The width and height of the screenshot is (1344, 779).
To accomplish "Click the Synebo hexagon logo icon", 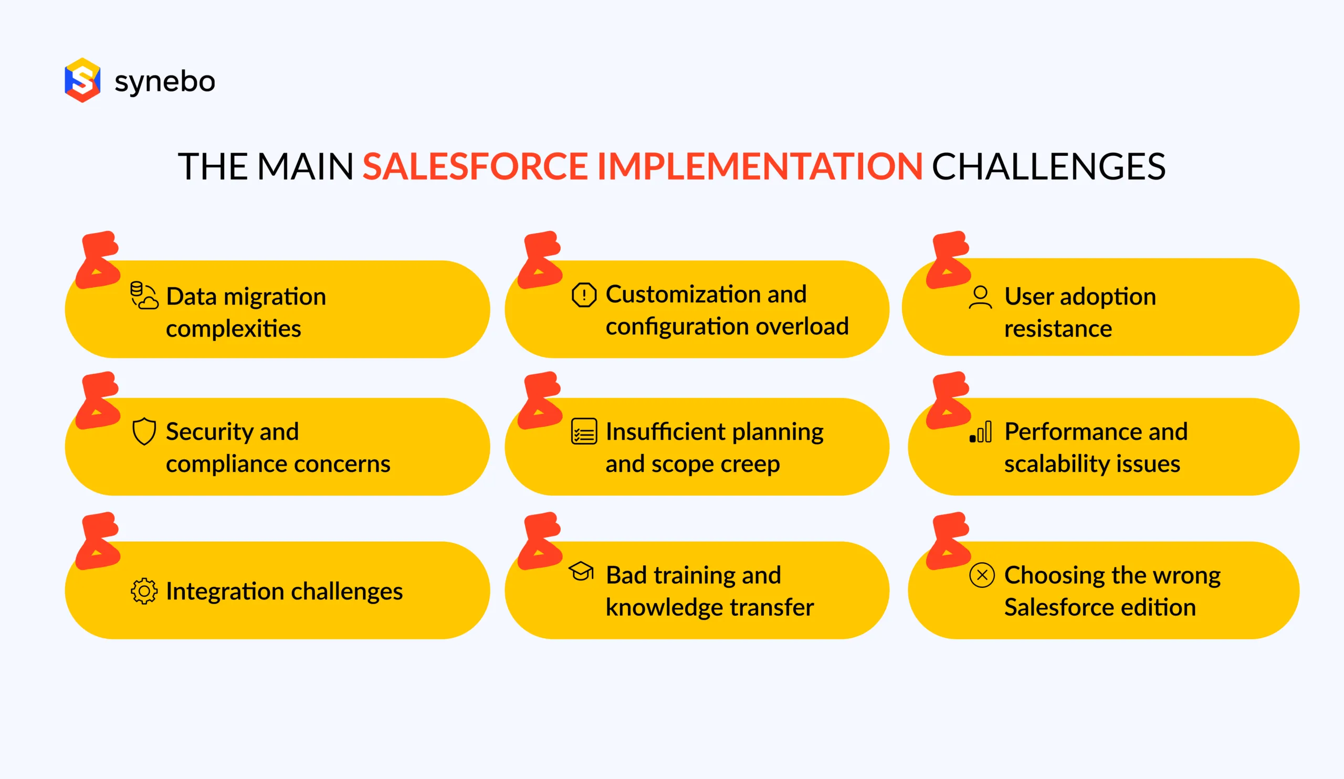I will [x=82, y=80].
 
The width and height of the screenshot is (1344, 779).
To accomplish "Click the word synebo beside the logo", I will [x=165, y=81].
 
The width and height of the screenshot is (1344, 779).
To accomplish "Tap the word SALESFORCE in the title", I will [x=475, y=166].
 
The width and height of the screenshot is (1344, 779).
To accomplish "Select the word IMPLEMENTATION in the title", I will [x=760, y=166].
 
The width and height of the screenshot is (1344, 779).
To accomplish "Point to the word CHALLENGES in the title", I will [x=1048, y=166].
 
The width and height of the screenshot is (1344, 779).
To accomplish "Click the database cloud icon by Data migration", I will [x=144, y=296].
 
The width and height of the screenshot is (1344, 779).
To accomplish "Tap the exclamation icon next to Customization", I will [x=584, y=295].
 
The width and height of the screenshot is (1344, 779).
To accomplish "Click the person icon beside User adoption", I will [x=980, y=297].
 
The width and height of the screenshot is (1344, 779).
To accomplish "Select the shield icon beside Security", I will [x=144, y=431].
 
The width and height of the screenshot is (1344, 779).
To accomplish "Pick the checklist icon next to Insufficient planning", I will [x=584, y=431].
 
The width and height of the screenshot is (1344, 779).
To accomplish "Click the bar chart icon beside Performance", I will [x=980, y=432].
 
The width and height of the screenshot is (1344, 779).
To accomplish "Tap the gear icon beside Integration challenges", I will [x=144, y=591].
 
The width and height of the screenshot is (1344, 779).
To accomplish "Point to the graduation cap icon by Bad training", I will [x=581, y=572].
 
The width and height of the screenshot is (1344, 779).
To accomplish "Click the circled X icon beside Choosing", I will [x=982, y=575].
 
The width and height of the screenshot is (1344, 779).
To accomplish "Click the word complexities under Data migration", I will [x=233, y=329].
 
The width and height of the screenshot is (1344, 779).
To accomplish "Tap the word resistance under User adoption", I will [x=1057, y=329].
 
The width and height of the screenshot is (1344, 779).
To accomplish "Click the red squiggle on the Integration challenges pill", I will [x=98, y=541].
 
